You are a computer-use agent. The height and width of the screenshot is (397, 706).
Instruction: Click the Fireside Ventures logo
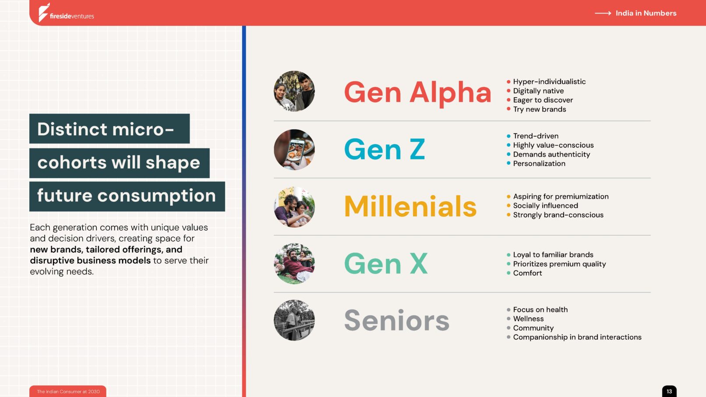pos(66,13)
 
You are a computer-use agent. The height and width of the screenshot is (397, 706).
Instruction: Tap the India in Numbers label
pos(646,13)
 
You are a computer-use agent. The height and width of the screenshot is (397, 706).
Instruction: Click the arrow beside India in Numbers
pos(603,13)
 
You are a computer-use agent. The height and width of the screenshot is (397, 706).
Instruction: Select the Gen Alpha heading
pos(418,93)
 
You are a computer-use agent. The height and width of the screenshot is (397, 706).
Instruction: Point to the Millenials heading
pos(410,206)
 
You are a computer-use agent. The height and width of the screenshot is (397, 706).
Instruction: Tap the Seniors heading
pos(396,320)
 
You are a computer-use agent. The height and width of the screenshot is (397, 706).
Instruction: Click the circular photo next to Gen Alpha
pos(294,91)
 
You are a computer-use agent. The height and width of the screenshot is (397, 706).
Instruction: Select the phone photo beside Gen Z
pos(294,150)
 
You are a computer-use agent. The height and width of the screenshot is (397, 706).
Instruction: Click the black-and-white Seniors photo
pos(294,320)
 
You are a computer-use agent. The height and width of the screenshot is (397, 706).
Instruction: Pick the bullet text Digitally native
pos(538,91)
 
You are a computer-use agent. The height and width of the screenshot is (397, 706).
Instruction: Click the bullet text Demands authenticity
pos(551,155)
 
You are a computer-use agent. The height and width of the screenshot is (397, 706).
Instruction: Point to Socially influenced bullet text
pos(546,206)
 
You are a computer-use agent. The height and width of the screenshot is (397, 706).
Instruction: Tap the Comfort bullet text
pos(528,273)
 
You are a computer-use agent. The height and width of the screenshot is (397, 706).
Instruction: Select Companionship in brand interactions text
pos(577,337)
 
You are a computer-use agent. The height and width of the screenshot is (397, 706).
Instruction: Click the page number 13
pos(669,391)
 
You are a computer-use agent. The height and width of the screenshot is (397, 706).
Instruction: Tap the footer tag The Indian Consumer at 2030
pos(68,392)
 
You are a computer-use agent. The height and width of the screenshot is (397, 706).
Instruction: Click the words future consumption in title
pos(127,196)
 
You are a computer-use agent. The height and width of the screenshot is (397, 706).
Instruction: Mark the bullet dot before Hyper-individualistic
pos(508,82)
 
